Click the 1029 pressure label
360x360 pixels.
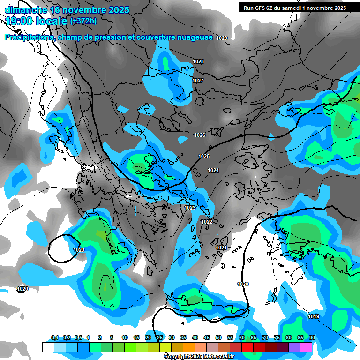point(222,38)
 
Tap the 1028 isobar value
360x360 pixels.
point(198,61)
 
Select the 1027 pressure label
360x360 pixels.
point(198,81)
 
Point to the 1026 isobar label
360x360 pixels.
point(200,135)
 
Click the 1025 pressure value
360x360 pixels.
point(204,156)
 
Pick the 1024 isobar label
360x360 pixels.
point(213,170)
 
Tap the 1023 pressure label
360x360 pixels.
point(190,208)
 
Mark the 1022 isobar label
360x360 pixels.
point(207,222)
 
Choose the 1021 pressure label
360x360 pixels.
point(221,247)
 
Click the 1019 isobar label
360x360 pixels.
point(314,317)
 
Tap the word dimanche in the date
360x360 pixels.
point(23,10)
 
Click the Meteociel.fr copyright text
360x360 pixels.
point(199,357)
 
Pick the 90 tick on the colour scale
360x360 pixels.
point(312,338)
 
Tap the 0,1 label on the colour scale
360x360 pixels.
point(54,338)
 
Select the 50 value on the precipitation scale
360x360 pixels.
point(218,338)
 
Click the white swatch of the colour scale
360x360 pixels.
point(48,347)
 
